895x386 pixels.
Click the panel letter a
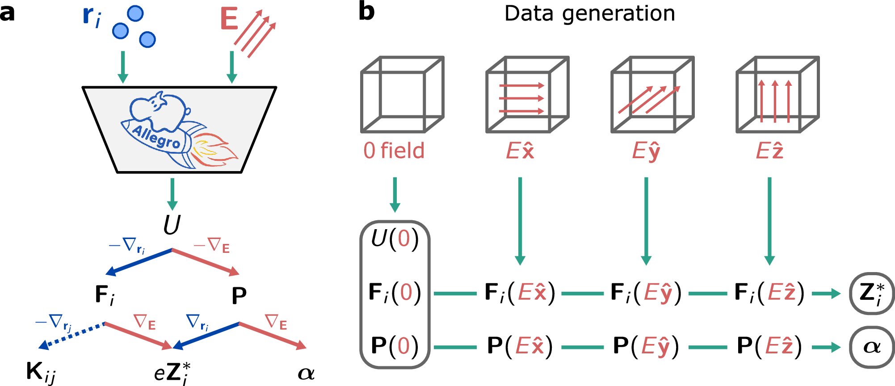coord(7,13)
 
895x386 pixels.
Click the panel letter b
coord(366,12)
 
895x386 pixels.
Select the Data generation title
coord(589,13)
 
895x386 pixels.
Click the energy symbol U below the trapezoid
coord(172,225)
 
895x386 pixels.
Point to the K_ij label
coord(41,372)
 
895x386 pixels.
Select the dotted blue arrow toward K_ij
coord(71,335)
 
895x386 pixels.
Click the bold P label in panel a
coord(239,295)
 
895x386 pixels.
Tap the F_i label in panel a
coord(105,295)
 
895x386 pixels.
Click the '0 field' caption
coord(394,151)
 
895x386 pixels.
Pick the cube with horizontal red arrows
coord(527,94)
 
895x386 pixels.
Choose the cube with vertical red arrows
coord(777,94)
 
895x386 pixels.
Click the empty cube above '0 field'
coord(402,94)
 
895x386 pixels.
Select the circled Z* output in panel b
coord(872,294)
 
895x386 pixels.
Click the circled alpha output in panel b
coord(872,347)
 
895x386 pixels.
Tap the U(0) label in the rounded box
coord(395,239)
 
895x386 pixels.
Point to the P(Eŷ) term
coord(646,347)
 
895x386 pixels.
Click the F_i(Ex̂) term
coord(520,294)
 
